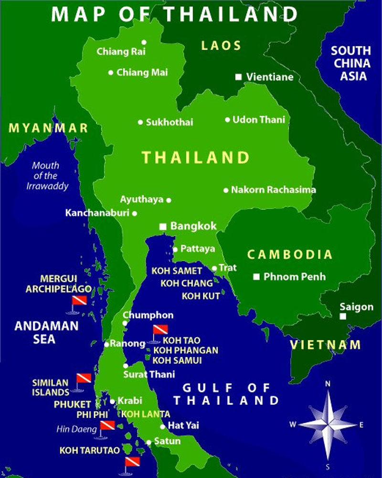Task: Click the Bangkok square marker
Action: [x=163, y=226]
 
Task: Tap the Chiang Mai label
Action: [x=142, y=73]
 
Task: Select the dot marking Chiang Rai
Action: [x=144, y=42]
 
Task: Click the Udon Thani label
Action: [x=258, y=119]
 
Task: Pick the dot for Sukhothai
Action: [x=140, y=122]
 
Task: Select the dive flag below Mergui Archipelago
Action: [x=79, y=301]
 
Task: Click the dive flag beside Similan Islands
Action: [x=84, y=379]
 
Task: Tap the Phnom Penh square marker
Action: [x=257, y=276]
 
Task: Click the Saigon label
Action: [x=356, y=307]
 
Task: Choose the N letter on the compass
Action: [x=328, y=383]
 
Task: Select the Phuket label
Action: [x=72, y=404]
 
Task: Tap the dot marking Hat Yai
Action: [x=163, y=426]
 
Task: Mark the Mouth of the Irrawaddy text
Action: [x=46, y=176]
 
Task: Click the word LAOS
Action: [x=221, y=46]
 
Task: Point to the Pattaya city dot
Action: [x=175, y=249]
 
